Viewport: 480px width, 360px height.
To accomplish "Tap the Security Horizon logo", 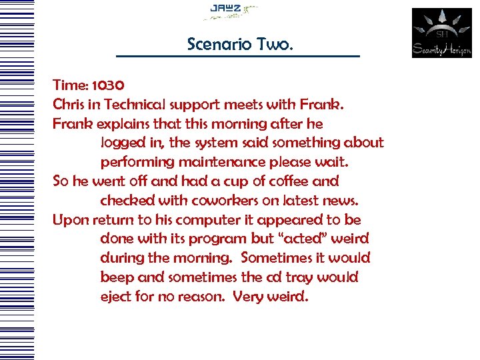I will click(x=441, y=33).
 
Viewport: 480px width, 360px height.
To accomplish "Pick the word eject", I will click(x=115, y=296).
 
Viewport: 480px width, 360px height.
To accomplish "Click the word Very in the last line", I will click(x=248, y=296).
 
